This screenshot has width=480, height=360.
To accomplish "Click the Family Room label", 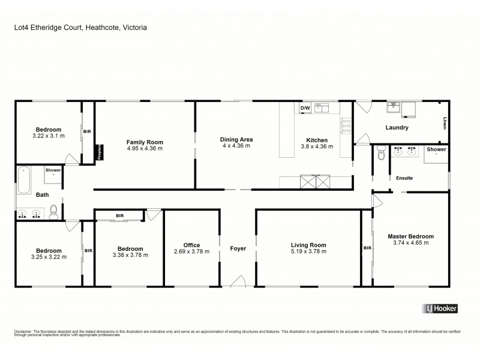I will click(x=145, y=142).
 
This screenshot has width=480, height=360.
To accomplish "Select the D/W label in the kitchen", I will click(x=305, y=108).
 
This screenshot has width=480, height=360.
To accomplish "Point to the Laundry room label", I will click(x=397, y=127).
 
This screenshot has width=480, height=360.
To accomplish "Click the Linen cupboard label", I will click(x=445, y=122).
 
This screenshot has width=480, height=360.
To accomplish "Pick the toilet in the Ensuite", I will click(x=381, y=154).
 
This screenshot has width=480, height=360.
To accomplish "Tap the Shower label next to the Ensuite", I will click(x=436, y=149).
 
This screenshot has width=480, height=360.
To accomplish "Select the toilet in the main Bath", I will click(x=53, y=211).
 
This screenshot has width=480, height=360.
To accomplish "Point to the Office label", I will click(x=191, y=245).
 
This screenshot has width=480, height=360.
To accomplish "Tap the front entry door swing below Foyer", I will click(x=238, y=281).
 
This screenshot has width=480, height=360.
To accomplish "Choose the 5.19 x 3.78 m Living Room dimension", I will click(x=308, y=252).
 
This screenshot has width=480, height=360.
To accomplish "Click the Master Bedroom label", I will click(x=410, y=236).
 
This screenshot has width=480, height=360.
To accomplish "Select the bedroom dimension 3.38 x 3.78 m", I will click(x=130, y=255).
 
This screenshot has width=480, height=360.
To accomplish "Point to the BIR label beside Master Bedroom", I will click(x=367, y=248).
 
